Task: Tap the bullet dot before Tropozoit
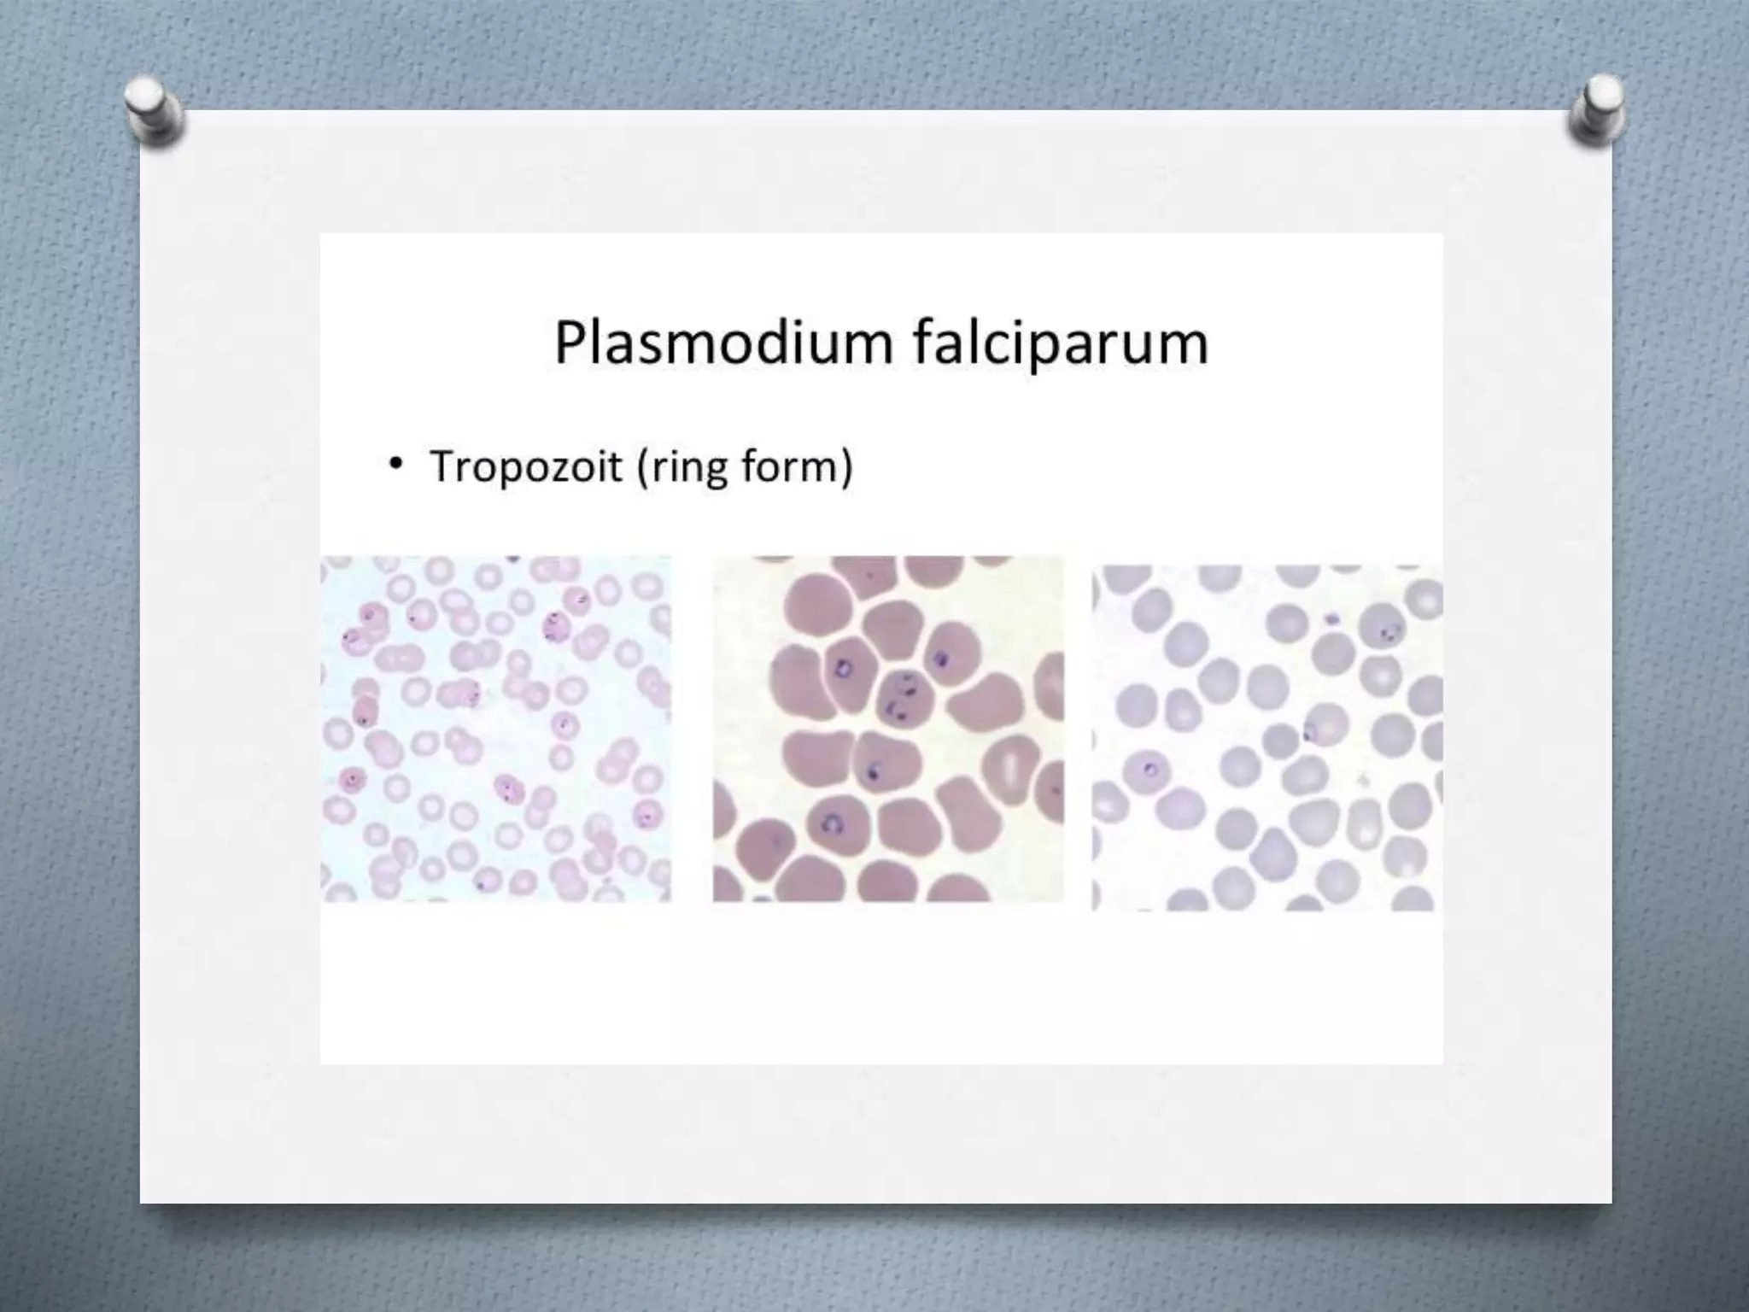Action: tap(395, 464)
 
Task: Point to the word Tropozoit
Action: tap(525, 466)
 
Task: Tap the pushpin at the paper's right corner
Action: tap(1597, 109)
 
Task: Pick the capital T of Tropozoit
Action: tap(443, 466)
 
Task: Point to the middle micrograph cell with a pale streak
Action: tap(1011, 769)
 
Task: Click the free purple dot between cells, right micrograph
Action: tap(1331, 618)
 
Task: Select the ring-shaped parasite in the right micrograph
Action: tap(1150, 770)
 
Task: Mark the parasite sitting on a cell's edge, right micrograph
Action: tap(1308, 732)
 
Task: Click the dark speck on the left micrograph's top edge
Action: tap(512, 559)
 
